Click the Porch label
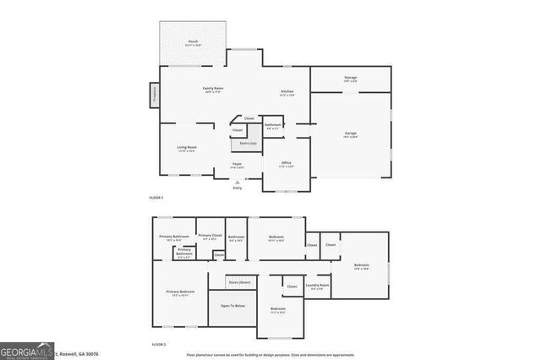[193, 42]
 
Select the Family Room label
[212, 90]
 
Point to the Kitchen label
[287, 92]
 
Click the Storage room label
[350, 79]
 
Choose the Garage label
[350, 134]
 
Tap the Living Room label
[187, 149]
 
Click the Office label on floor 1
[287, 163]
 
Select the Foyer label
[238, 164]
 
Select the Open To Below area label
[232, 305]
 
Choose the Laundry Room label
[318, 286]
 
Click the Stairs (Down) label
[239, 281]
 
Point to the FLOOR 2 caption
[159, 345]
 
